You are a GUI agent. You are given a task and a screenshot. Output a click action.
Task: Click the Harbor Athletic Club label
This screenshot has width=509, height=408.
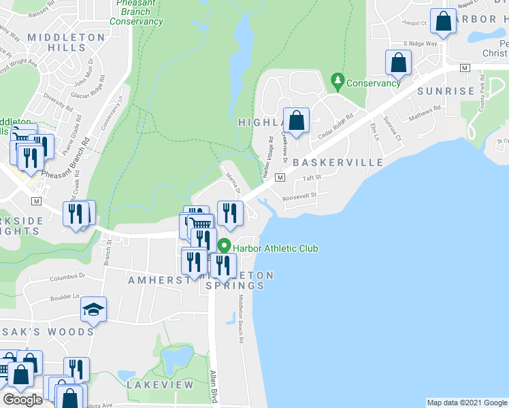click(275, 248)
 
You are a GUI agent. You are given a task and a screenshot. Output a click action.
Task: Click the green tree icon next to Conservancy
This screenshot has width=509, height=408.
click(337, 82)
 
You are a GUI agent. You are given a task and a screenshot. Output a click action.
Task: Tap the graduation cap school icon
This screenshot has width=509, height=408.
click(93, 310)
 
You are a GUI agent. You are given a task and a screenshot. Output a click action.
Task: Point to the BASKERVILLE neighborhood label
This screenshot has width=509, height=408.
click(338, 163)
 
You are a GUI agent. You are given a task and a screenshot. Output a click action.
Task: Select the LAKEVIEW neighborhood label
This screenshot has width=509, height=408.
click(161, 385)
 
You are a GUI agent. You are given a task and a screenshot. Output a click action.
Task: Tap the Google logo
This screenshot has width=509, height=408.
click(22, 400)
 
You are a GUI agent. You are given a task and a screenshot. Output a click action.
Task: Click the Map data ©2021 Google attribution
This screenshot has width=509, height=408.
click(466, 403)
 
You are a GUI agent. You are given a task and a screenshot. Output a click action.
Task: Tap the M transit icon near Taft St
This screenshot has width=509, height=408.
click(279, 177)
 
